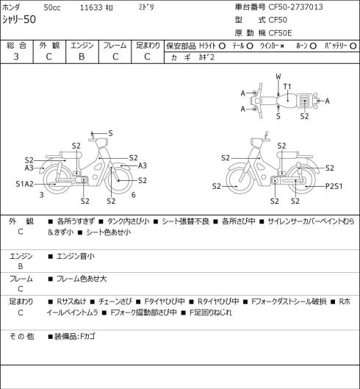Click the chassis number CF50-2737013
[x=295, y=7]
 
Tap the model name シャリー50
[x=19, y=20]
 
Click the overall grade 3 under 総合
[x=16, y=57]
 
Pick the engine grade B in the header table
[x=82, y=57]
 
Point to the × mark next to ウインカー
[x=282, y=46]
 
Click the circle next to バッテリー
[x=353, y=46]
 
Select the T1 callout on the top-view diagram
[x=287, y=87]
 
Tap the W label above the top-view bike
[x=278, y=76]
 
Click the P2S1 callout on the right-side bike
[x=334, y=186]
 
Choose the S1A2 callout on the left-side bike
[x=24, y=184]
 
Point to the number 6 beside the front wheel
[x=134, y=195]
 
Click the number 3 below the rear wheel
[x=42, y=195]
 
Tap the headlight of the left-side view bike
[x=102, y=143]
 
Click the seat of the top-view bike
[x=287, y=101]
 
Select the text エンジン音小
[x=76, y=256]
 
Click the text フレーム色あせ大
[x=82, y=279]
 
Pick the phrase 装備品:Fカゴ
[x=75, y=337]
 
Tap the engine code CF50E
[x=280, y=33]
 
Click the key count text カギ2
[x=206, y=57]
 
